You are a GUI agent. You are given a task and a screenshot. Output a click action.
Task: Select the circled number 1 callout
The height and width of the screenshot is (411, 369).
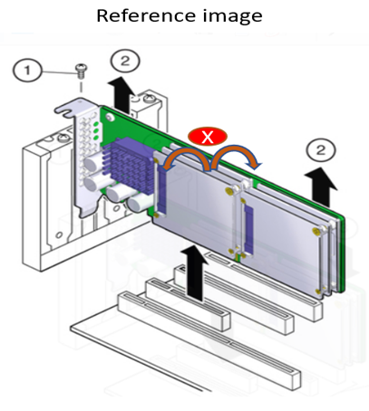coord(27,71)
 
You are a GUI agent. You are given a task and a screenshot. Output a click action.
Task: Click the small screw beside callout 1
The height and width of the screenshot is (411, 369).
coord(81,71)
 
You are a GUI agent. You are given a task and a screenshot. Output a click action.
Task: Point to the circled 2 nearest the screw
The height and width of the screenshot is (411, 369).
coord(125,62)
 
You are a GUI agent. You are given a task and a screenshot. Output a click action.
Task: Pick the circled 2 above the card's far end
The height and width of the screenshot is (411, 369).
coord(321,150)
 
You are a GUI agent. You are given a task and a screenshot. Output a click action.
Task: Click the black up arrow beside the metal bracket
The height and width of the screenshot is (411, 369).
coord(122,94)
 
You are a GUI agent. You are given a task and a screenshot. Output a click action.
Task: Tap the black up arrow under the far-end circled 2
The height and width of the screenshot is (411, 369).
coord(321,187)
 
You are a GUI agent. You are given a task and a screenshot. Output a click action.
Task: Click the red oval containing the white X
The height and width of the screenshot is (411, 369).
coord(208,137)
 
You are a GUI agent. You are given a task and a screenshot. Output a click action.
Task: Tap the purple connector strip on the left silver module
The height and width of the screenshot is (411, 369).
coord(162,186)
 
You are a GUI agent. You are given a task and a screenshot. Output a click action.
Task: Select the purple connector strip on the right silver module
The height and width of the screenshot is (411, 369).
coord(248,227)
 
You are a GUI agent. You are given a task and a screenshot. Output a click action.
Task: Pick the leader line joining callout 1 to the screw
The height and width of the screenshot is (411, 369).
coord(59,72)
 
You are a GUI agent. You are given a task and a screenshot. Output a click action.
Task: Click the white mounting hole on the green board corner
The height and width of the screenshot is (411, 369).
coord(110,116)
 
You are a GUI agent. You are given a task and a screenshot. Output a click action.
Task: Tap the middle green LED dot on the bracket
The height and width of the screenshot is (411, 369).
coord(96,130)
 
